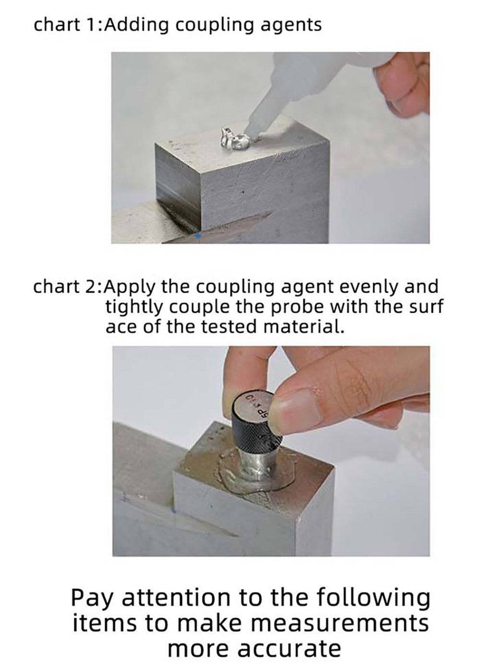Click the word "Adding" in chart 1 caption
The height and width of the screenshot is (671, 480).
tap(136, 25)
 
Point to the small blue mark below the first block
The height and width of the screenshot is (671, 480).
tap(197, 236)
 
